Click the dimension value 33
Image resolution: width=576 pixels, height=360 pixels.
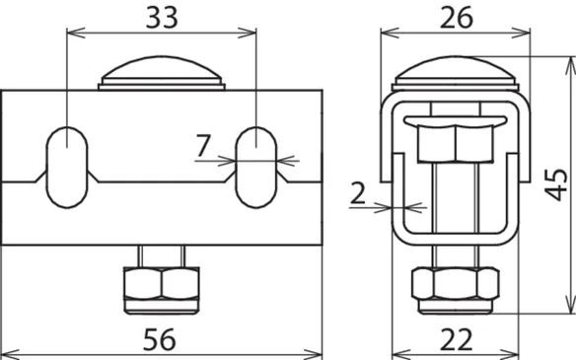162,18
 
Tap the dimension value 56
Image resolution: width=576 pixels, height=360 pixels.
160,340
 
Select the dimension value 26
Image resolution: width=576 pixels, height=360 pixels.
457,18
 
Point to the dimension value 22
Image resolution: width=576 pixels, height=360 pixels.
456,340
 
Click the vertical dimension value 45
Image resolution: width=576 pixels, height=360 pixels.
555,184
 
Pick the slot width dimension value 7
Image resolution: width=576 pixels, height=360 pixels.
203,145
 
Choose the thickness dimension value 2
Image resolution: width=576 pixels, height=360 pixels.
358,193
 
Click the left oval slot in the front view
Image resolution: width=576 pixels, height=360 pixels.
67,168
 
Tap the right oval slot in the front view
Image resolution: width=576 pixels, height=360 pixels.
256,168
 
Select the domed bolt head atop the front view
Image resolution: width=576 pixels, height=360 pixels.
162,73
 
